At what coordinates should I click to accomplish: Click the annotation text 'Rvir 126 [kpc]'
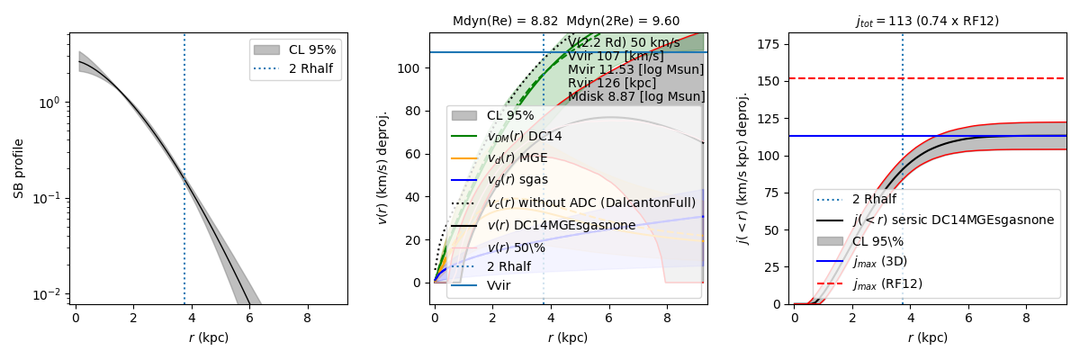point(612,83)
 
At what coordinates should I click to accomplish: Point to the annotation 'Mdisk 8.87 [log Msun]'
point(636,96)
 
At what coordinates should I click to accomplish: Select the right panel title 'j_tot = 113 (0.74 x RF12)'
point(927,21)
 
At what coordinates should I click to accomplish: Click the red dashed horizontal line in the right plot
point(990,78)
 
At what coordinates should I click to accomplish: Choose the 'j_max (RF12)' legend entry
point(887,283)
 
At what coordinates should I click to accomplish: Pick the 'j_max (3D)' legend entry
point(883,262)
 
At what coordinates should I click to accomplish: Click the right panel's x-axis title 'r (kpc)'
point(927,338)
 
